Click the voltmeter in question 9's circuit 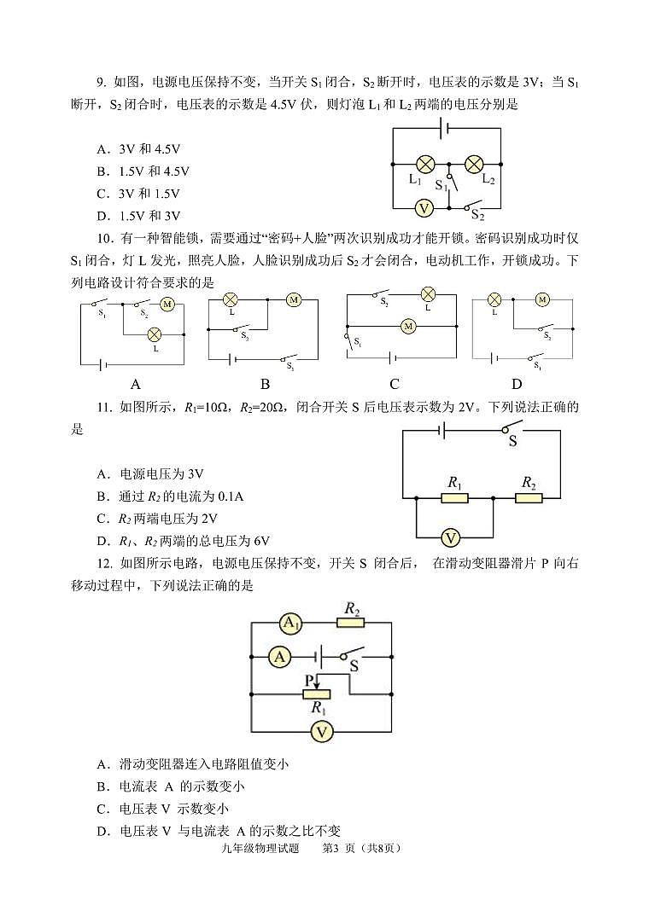421,208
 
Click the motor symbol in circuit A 167,304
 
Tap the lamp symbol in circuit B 230,300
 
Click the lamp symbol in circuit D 494,299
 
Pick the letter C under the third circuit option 394,384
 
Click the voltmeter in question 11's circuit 453,537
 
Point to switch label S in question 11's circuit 512,442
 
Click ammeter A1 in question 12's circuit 292,624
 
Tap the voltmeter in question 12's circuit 321,731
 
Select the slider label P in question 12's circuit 308,679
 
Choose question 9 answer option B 143,171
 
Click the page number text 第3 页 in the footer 342,848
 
